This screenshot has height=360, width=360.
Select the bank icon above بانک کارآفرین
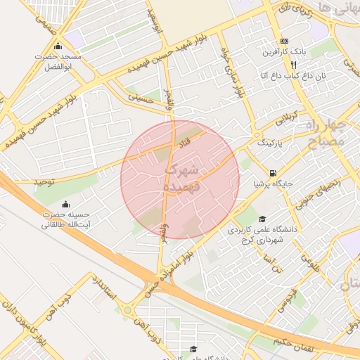coord(284,41)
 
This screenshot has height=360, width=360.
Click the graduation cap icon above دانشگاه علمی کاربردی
coord(262,219)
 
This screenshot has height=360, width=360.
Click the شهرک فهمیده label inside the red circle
coord(181,179)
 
